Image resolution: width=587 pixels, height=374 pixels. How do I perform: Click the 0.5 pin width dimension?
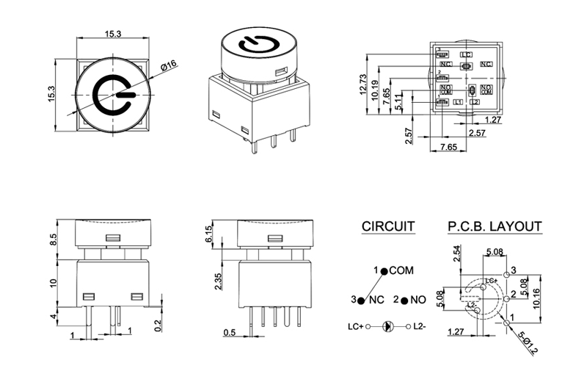coord(230,333)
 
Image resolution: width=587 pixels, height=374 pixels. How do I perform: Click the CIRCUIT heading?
coord(388,226)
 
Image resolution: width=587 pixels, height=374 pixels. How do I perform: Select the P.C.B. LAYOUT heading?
coord(495,226)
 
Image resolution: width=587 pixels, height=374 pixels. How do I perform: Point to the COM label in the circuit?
coord(401,270)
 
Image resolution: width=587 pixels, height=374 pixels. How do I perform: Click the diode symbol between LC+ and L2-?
coord(389,326)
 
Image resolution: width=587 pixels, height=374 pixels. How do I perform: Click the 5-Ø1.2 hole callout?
coord(528,342)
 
